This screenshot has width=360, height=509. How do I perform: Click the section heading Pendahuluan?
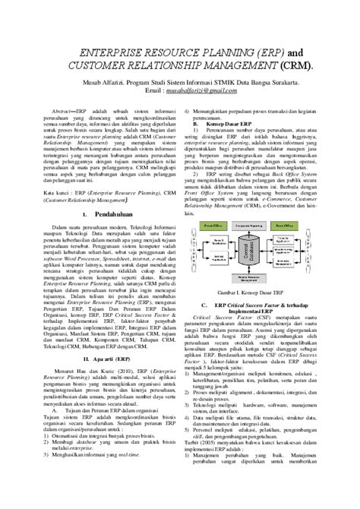pos(103,215)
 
